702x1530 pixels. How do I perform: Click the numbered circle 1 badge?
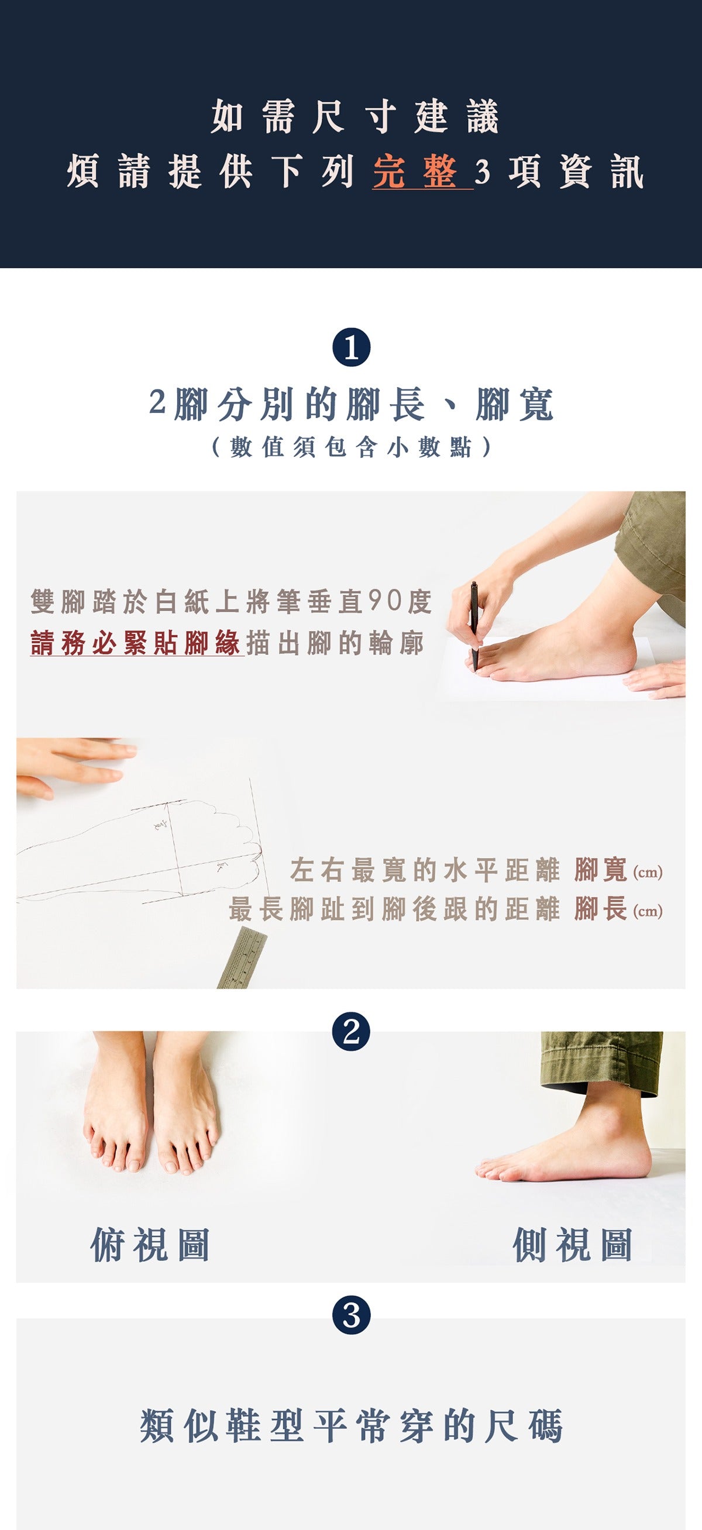point(351,348)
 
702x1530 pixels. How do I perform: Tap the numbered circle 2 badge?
point(351,1031)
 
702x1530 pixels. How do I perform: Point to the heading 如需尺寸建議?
point(355,116)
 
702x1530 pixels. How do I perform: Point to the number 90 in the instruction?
point(386,602)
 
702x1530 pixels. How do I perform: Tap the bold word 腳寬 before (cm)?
point(600,870)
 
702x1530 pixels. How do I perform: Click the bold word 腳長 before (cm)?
point(600,909)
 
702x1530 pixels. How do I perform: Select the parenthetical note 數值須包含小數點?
point(351,447)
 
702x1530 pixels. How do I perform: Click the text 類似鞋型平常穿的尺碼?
point(351,1425)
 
